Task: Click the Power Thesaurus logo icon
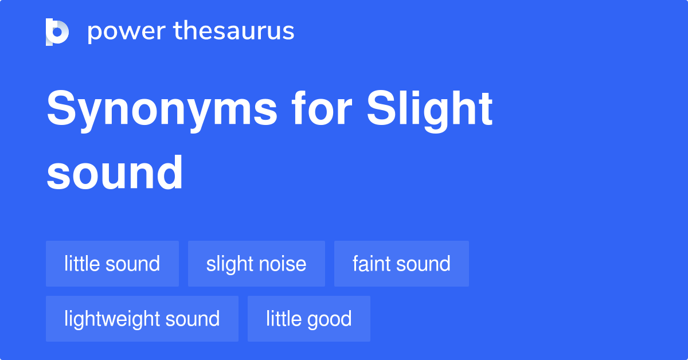coord(57,32)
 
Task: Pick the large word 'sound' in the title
coord(115,172)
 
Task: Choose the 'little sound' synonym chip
coord(112,264)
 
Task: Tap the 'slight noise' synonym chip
coord(256,264)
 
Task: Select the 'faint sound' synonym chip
coord(401,264)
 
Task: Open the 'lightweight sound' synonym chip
coord(142,319)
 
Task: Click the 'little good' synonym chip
coord(309,319)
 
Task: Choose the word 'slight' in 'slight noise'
coord(228,264)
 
